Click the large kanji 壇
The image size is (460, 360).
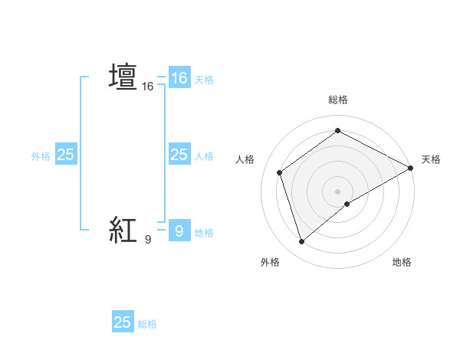(x=123, y=77)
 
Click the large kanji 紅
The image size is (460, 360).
(x=123, y=229)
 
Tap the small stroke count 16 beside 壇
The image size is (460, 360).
(x=148, y=87)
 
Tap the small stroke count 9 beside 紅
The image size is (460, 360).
(x=148, y=239)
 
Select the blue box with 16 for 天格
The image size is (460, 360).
(x=179, y=78)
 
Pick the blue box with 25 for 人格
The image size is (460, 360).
(x=179, y=155)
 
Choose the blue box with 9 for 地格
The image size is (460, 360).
(x=179, y=231)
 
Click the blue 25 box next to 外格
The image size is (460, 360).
(x=65, y=155)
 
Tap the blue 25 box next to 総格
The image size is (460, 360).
(x=123, y=322)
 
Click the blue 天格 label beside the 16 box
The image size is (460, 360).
(x=204, y=79)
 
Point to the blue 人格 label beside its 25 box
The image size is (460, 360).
(x=204, y=156)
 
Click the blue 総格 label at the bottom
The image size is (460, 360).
(x=147, y=324)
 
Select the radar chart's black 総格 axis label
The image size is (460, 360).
(x=337, y=100)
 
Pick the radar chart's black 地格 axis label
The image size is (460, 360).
(x=402, y=263)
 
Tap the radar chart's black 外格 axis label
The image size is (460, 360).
(x=270, y=263)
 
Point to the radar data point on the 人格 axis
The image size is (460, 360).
(x=280, y=172)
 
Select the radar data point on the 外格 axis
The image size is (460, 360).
(x=301, y=242)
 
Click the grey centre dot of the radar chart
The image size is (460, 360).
(x=337, y=191)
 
